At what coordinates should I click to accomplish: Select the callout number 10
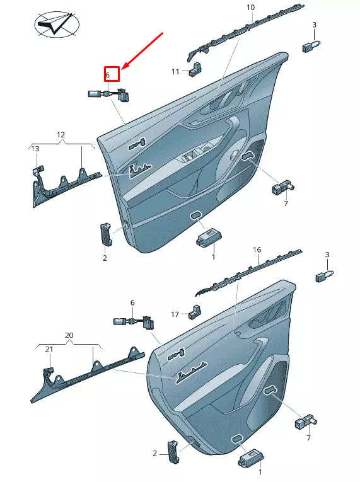250,8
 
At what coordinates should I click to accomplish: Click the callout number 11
176,72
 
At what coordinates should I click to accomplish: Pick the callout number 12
61,135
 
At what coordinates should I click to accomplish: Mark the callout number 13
35,149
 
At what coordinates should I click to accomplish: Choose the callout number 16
257,250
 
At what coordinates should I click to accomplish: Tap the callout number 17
175,314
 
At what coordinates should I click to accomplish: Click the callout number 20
69,335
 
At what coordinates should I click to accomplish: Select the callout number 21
49,348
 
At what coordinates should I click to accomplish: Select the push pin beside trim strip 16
323,275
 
